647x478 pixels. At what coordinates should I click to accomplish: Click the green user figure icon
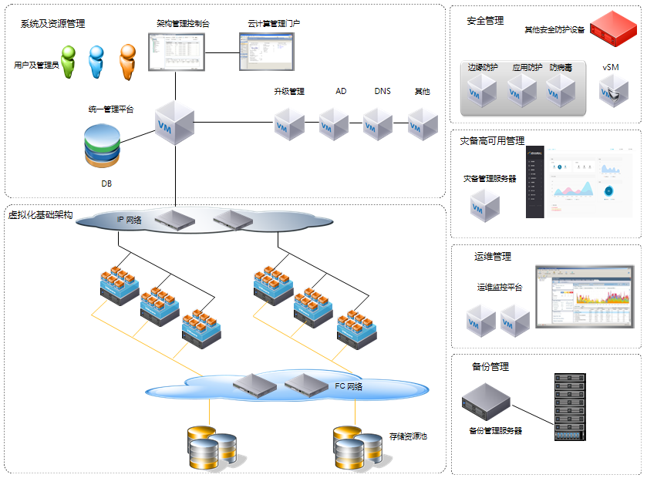(70, 62)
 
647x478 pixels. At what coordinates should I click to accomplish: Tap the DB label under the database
(106, 183)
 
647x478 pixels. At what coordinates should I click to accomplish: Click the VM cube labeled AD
(335, 123)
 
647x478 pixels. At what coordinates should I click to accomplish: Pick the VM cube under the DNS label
(379, 123)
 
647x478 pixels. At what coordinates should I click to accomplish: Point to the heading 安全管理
(486, 21)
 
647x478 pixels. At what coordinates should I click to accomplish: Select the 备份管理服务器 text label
(495, 430)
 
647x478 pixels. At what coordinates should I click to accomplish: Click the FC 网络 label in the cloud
(349, 385)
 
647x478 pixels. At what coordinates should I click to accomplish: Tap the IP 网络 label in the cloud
(130, 220)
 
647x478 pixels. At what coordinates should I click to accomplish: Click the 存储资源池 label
(409, 436)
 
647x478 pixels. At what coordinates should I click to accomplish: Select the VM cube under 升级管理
(289, 123)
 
